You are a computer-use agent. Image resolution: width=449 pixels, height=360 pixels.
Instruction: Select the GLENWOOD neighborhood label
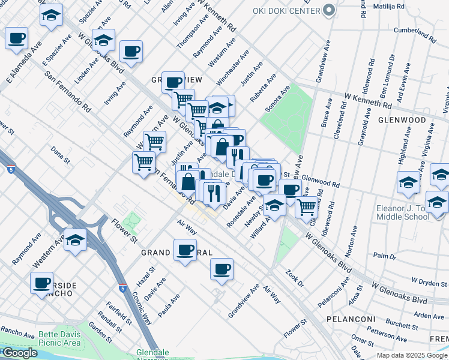(x=406, y=120)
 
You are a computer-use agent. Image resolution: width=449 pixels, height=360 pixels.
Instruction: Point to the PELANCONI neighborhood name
(x=351, y=319)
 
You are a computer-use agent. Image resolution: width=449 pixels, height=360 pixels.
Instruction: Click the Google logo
(x=19, y=353)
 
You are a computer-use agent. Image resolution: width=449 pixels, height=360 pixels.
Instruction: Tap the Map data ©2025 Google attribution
(x=412, y=355)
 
